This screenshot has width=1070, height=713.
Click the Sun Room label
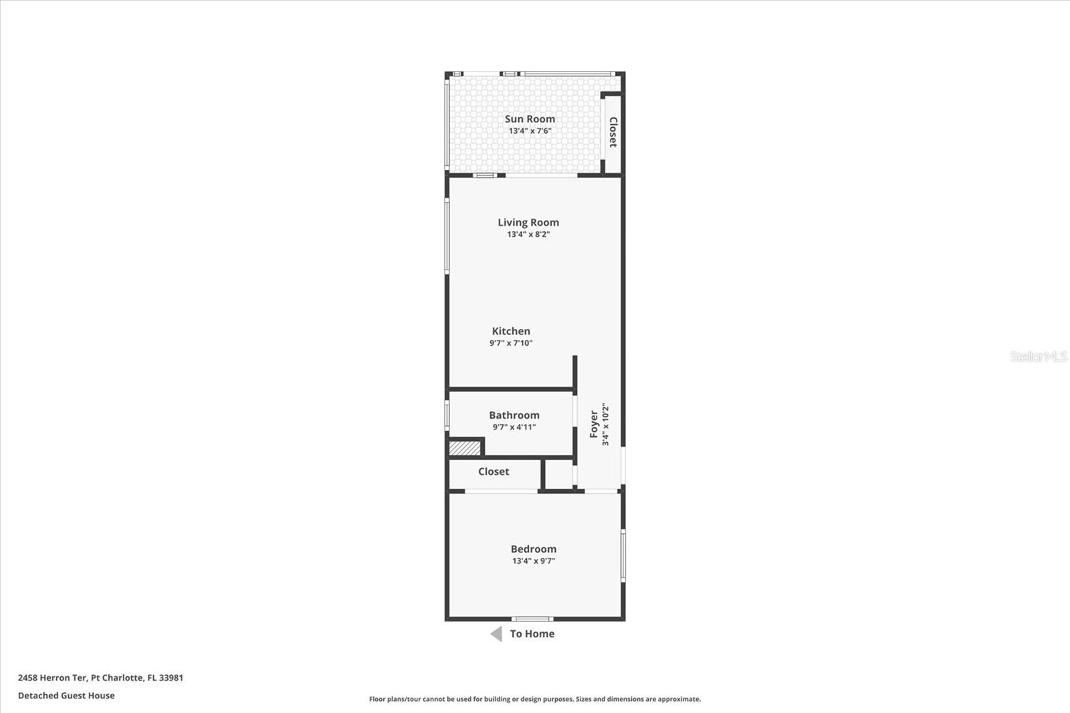(x=530, y=119)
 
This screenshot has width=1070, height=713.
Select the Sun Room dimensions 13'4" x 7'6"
(x=530, y=131)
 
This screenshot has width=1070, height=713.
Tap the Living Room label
(x=528, y=223)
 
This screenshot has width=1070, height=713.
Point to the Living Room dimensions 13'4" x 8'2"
(x=528, y=235)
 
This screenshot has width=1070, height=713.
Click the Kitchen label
(x=511, y=331)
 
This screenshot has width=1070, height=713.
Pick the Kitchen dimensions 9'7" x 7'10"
(x=511, y=343)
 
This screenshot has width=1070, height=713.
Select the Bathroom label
(x=514, y=415)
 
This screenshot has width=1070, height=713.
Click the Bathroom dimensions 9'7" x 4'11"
(x=514, y=427)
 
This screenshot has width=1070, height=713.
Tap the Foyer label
(x=594, y=425)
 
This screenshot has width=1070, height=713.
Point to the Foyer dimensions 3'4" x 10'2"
(x=605, y=425)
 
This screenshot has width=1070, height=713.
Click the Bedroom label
(x=533, y=549)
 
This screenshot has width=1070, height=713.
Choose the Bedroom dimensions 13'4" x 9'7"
(x=533, y=561)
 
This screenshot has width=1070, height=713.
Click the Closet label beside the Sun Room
(x=613, y=132)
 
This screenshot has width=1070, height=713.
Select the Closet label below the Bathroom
(x=494, y=472)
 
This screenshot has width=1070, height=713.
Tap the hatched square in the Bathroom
(x=465, y=447)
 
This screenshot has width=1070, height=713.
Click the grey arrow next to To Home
(x=496, y=634)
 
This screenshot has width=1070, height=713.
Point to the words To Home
(x=532, y=634)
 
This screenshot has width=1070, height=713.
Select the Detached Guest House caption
(x=66, y=696)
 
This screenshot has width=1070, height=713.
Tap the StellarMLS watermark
(x=1038, y=356)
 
